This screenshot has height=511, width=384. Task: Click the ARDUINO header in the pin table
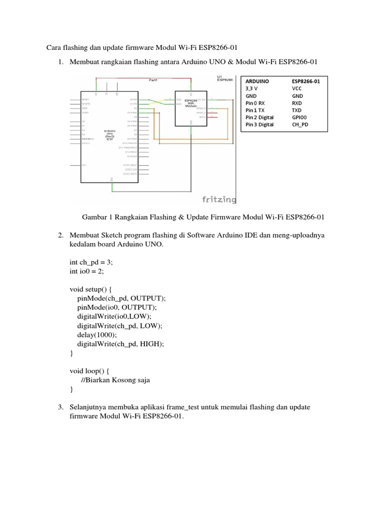[x=257, y=81]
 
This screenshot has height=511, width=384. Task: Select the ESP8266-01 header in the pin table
[x=309, y=81]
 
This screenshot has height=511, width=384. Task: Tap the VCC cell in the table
[x=297, y=88]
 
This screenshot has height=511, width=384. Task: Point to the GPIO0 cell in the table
[x=301, y=117]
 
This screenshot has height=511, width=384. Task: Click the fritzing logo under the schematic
[x=218, y=199]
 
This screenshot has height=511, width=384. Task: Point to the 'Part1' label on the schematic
[x=153, y=79]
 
